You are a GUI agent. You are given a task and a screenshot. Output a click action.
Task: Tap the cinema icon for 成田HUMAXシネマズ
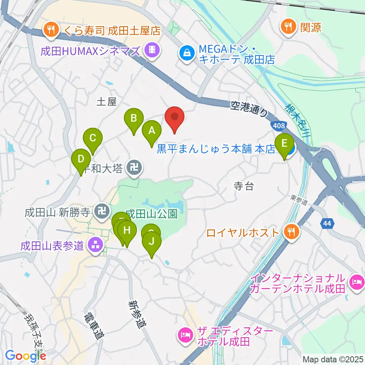point(152,50)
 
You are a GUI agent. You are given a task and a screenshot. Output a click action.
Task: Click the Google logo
point(25,355)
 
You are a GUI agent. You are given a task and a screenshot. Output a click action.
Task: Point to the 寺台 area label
point(243,186)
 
